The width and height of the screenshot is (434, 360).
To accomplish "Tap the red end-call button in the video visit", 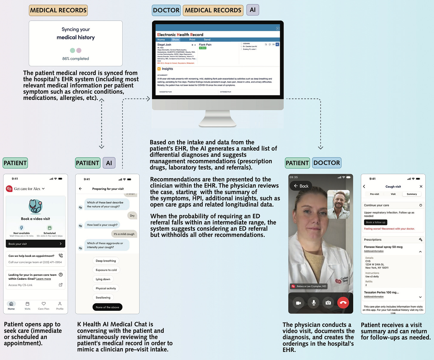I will coord(343,303).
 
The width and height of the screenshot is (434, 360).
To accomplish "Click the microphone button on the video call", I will coord(314,303).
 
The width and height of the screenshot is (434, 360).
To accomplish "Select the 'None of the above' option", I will coord(107,307).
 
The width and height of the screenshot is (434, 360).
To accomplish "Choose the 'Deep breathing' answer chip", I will coord(106,261).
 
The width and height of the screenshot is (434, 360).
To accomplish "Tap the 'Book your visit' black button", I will coord(35,244).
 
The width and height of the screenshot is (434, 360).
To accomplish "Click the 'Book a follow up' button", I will coord(376,222).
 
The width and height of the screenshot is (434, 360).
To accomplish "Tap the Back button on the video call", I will coord(301,186).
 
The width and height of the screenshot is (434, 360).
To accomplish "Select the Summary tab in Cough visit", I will coord(412,194).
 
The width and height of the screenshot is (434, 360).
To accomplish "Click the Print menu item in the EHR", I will coord(192,40).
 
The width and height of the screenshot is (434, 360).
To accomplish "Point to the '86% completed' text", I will coord(75,59).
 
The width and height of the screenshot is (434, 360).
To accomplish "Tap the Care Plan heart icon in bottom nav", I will coord(44,304).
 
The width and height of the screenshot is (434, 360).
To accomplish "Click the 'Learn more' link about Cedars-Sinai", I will coord(44,279).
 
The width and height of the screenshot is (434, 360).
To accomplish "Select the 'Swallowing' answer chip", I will coord(103,298).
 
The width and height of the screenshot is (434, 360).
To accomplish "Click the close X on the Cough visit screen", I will coord(421,186).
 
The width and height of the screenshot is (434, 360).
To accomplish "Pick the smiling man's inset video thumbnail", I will coord(338,204).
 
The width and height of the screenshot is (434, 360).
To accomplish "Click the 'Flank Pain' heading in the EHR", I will coord(205,45).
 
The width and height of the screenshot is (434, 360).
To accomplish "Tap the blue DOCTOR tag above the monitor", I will coord(166,10).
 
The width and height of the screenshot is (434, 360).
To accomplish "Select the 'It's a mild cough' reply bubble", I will coord(124,234).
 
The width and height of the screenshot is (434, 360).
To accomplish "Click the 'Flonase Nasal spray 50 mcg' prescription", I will coord(383,247).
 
